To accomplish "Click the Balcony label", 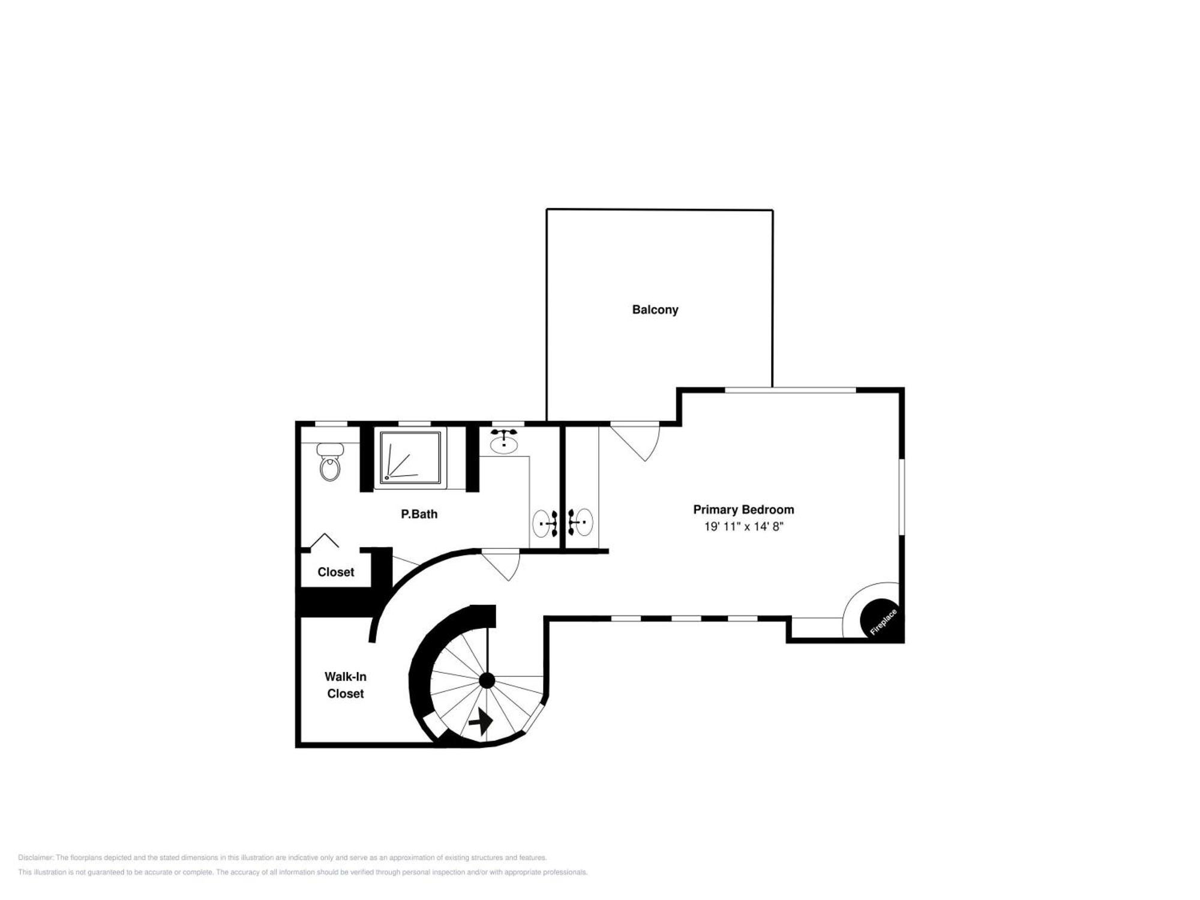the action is click(655, 310).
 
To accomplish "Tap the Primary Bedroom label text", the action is click(743, 509).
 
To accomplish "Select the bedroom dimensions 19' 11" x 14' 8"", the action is click(743, 527).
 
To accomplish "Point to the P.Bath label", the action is click(419, 514).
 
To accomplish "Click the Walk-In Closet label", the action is click(345, 685).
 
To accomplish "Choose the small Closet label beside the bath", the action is click(335, 572).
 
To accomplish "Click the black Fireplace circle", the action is click(880, 619).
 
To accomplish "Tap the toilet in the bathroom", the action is click(330, 462).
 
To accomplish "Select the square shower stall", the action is click(410, 457).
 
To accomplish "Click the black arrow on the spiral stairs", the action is click(481, 722).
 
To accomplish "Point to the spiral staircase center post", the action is click(487, 680).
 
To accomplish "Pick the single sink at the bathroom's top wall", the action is click(504, 441).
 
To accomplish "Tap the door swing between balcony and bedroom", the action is click(636, 443).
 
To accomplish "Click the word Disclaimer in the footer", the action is click(35, 857).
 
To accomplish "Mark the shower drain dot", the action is click(387, 478).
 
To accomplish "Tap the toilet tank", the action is click(330, 449).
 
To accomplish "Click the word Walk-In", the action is click(346, 677).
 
